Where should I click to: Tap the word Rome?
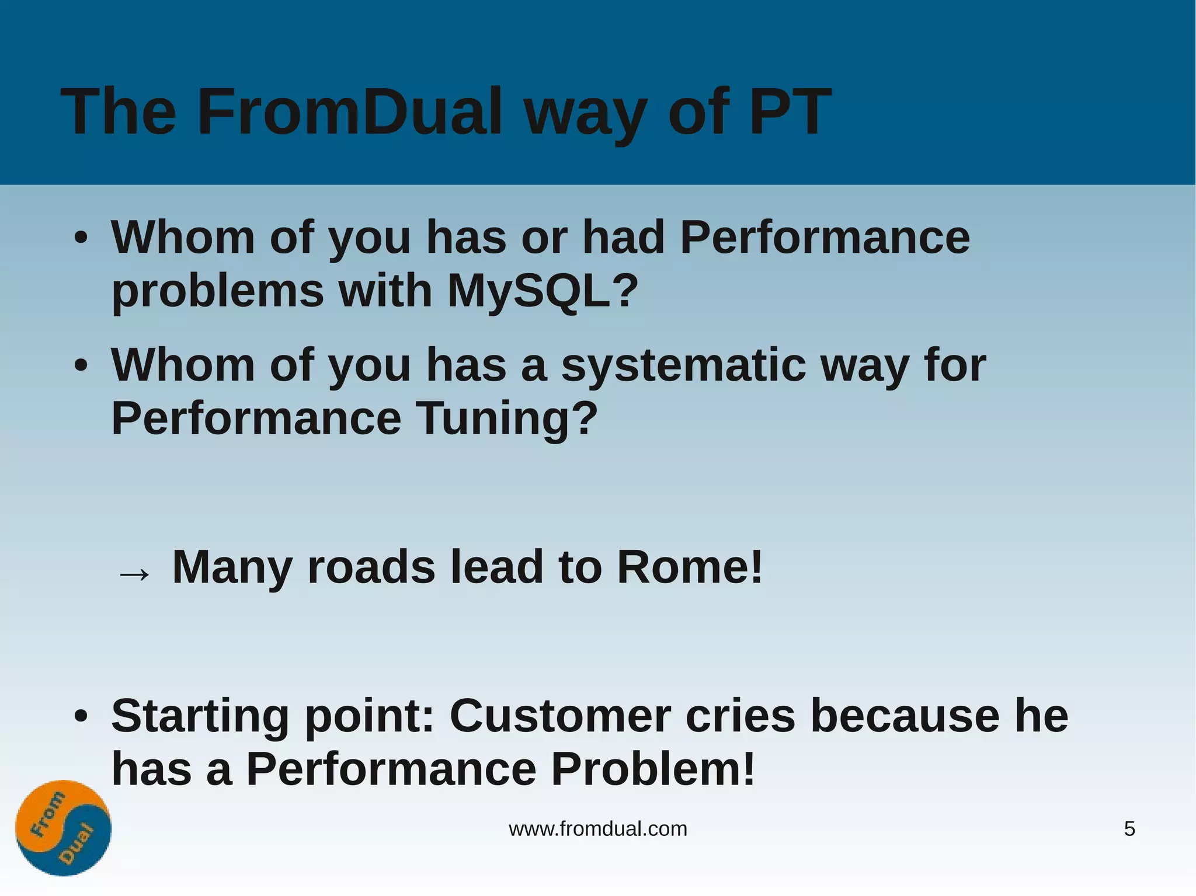(x=690, y=567)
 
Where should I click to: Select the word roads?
(x=371, y=567)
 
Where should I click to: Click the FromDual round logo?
(x=63, y=828)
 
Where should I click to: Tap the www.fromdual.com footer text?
(x=598, y=829)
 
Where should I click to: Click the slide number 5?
(x=1129, y=829)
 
